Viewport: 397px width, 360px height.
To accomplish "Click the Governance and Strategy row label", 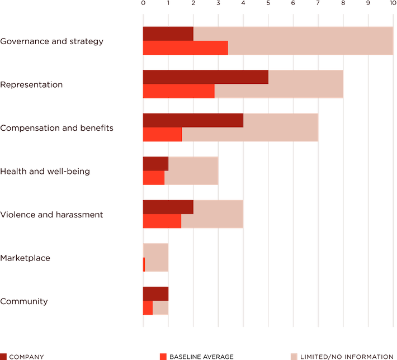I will click(52, 41).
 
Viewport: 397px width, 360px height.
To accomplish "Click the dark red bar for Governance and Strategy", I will click(168, 34).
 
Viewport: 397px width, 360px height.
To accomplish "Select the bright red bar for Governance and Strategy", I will click(185, 48).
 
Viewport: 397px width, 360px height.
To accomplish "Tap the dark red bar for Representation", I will click(205, 77).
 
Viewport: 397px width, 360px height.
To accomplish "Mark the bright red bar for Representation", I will click(178, 91).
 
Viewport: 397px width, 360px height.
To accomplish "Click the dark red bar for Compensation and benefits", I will click(193, 120).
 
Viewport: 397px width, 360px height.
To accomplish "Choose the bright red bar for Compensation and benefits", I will click(162, 135).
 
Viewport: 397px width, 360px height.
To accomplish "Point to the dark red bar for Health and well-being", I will click(155, 163).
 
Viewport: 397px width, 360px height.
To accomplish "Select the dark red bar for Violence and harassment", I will click(168, 207).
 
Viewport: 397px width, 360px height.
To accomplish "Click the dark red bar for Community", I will click(155, 293).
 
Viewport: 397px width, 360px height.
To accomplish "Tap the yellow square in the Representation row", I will click(355, 84).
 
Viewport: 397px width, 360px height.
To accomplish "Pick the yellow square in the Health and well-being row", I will click(230, 170).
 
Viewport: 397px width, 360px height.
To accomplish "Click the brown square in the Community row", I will click(180, 293).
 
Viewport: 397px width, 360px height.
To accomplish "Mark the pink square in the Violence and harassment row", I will click(256, 214).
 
